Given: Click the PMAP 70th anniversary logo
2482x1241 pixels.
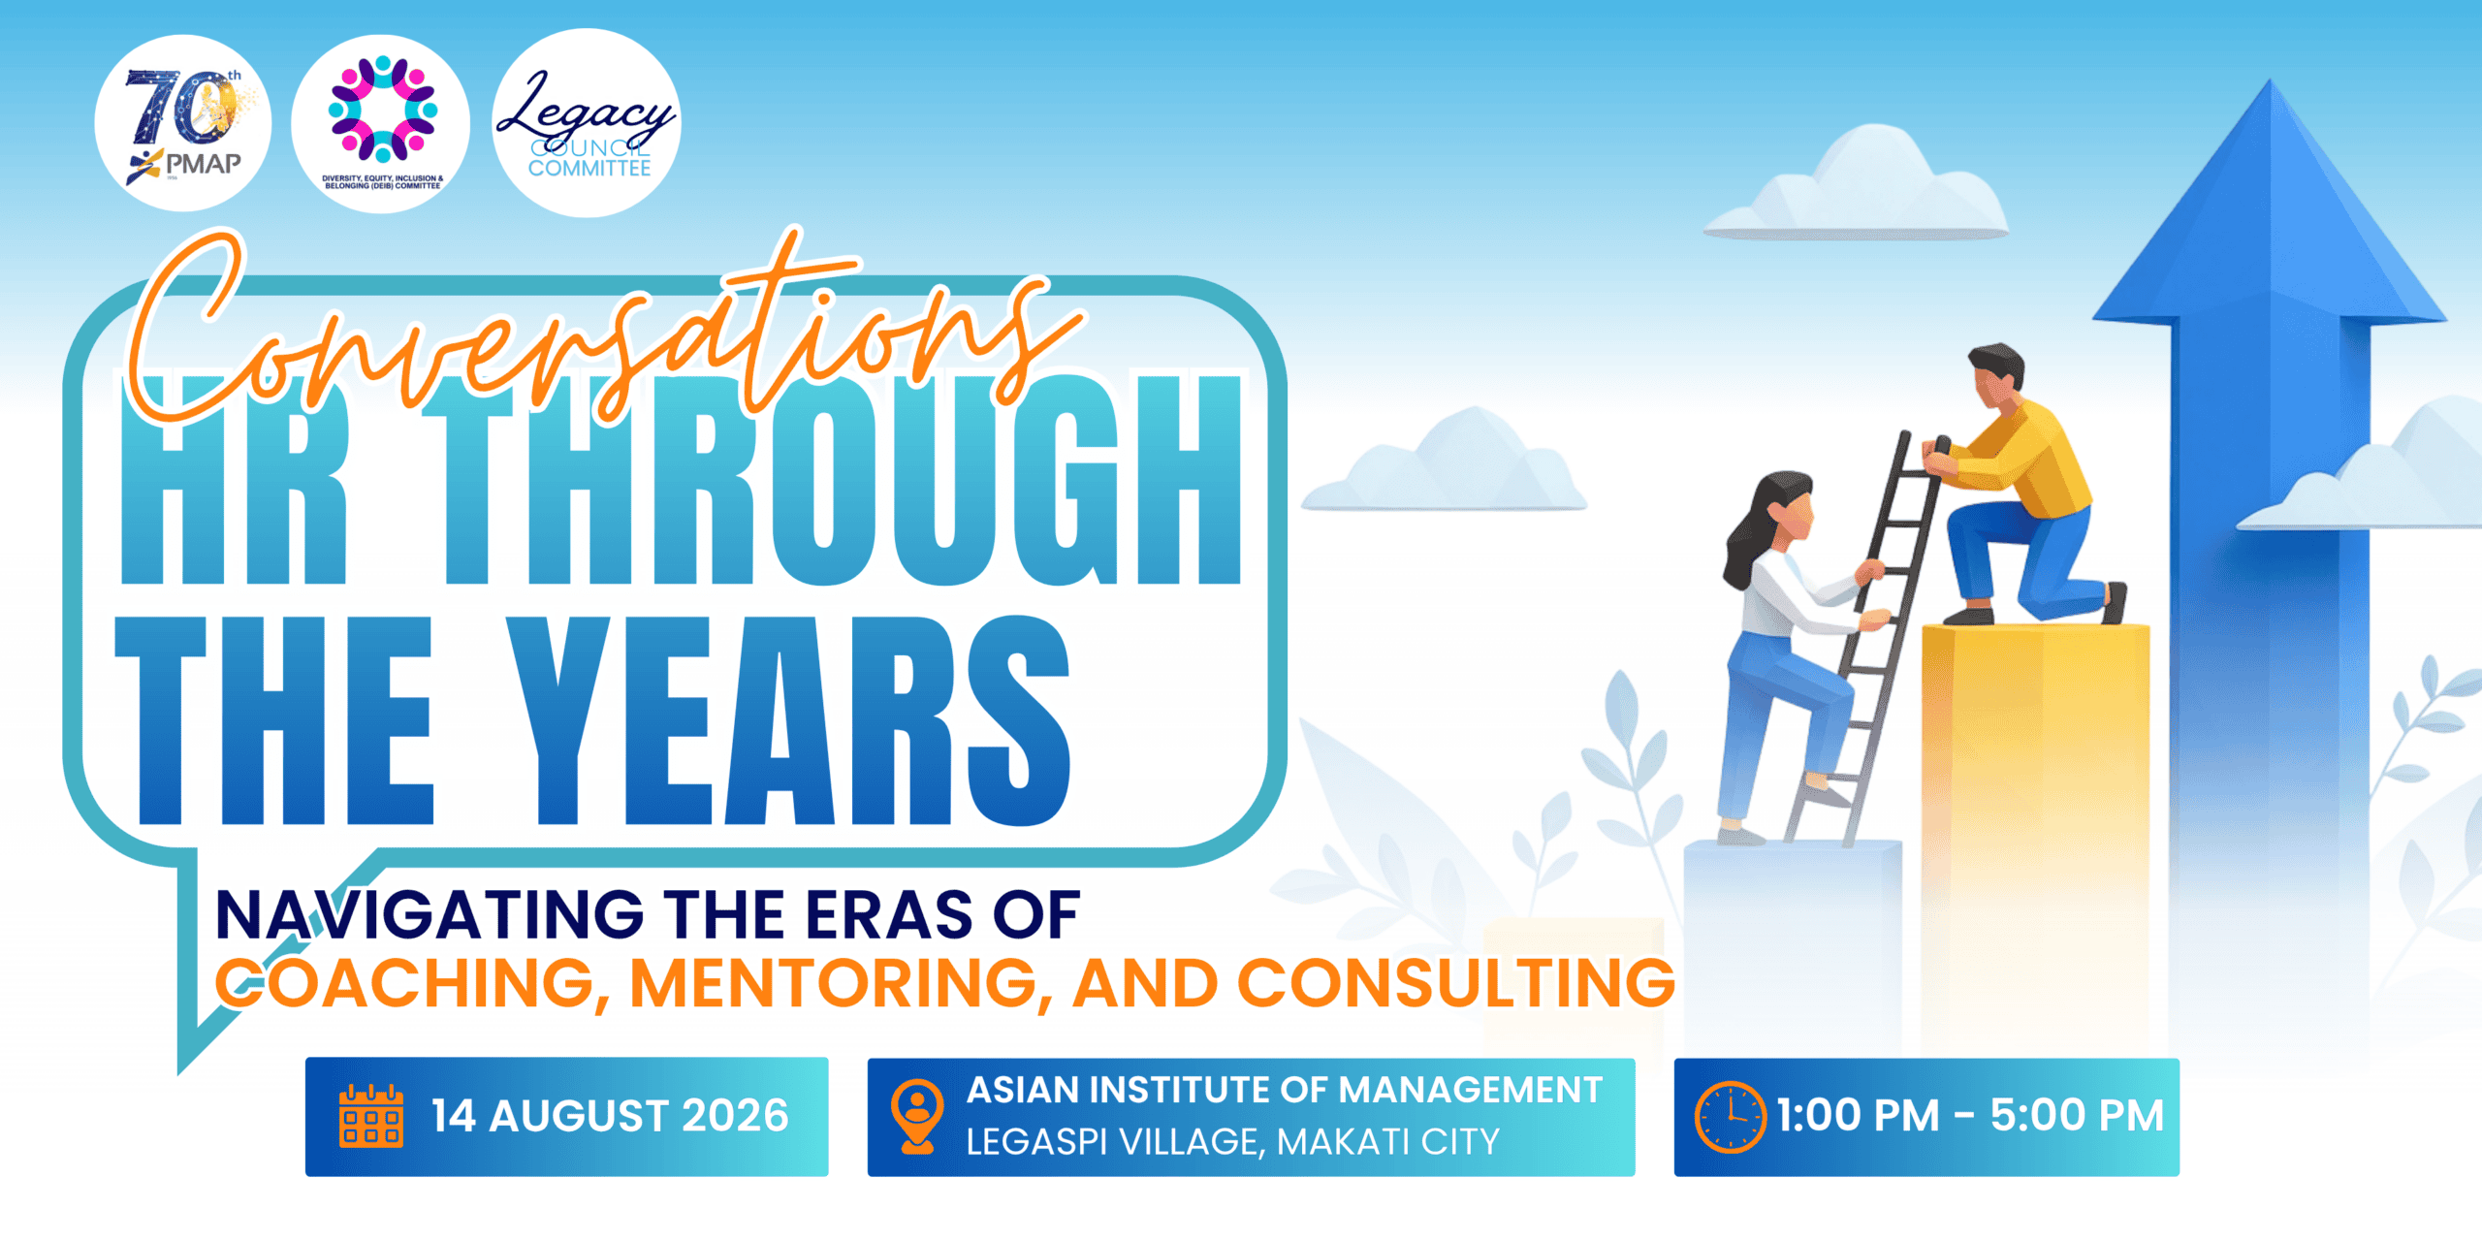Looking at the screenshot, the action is (183, 123).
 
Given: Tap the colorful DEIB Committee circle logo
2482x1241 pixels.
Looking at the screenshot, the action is (381, 123).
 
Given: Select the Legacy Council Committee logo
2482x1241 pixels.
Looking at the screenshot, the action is (587, 123).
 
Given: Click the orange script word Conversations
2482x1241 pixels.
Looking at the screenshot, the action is (601, 330).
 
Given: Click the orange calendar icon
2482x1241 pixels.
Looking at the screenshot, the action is (371, 1116).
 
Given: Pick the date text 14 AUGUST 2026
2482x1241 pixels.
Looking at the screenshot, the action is (610, 1116).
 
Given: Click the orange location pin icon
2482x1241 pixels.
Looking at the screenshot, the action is (917, 1116).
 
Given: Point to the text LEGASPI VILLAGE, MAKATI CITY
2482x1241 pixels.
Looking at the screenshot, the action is (1233, 1142).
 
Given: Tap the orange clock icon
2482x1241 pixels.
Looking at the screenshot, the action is (1731, 1117).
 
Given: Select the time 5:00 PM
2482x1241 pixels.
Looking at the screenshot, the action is (2077, 1116).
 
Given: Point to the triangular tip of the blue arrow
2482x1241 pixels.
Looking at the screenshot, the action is (2269, 81).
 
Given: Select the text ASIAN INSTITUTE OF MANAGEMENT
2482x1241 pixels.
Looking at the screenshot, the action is (1285, 1091).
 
